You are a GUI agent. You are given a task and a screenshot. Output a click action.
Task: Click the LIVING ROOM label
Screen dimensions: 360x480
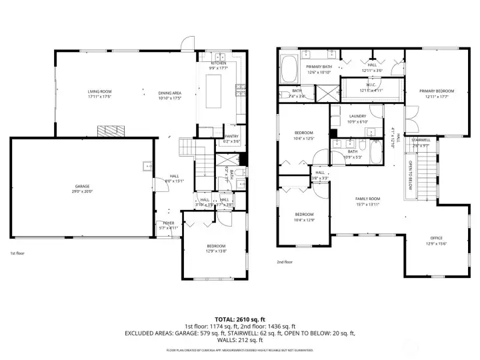point(99,91)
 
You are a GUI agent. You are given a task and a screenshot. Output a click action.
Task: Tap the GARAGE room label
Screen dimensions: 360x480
point(83,185)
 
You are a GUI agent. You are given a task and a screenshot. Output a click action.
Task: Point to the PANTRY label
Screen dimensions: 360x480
point(231,136)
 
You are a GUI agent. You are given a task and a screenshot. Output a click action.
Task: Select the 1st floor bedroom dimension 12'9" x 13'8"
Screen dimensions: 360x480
point(215,251)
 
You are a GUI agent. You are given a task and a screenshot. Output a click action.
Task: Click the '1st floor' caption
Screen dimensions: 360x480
point(18,253)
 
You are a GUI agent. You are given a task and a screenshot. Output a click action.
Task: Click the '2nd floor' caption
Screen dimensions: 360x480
point(285,262)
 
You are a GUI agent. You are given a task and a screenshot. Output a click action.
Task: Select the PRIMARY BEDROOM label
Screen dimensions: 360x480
point(436,91)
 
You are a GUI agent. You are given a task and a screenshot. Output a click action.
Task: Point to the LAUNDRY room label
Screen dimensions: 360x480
point(358,116)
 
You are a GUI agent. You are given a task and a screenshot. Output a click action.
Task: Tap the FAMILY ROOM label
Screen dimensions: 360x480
point(367,198)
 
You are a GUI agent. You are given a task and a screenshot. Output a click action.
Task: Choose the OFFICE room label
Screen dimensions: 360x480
point(436,238)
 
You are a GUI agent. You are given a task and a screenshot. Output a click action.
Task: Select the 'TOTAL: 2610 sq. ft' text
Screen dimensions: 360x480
point(239,319)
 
